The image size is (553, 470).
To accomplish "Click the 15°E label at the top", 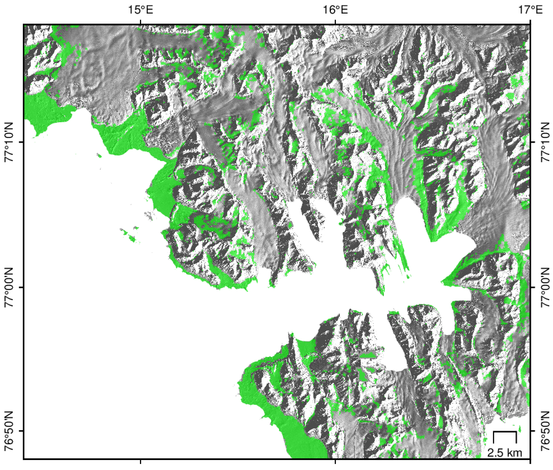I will point(140,10).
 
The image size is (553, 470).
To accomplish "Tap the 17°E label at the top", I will point(530,10).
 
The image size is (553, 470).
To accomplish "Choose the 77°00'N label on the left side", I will point(10,287).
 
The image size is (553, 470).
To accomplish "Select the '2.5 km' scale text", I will point(504,452).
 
